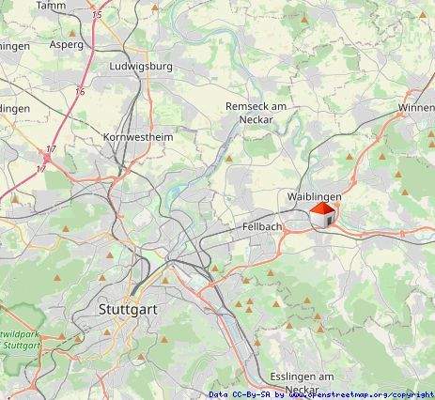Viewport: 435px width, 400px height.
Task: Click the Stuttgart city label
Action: pos(130,308)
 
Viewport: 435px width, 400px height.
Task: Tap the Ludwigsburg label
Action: pos(141,67)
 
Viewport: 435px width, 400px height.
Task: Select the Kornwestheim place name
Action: pos(137,136)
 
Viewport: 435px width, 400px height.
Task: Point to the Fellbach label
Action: pos(261,227)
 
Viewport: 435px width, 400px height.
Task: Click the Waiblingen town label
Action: pos(314,195)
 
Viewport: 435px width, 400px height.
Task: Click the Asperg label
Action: pos(66,43)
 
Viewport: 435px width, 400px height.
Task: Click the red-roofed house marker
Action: pos(322,215)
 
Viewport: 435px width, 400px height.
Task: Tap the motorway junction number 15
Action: pos(98,16)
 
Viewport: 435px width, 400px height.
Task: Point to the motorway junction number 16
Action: pos(80,91)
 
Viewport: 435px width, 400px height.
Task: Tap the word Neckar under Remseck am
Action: pos(256,120)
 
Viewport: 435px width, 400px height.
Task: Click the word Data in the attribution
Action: pos(219,394)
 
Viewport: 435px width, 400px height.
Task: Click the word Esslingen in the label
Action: pos(287,377)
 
